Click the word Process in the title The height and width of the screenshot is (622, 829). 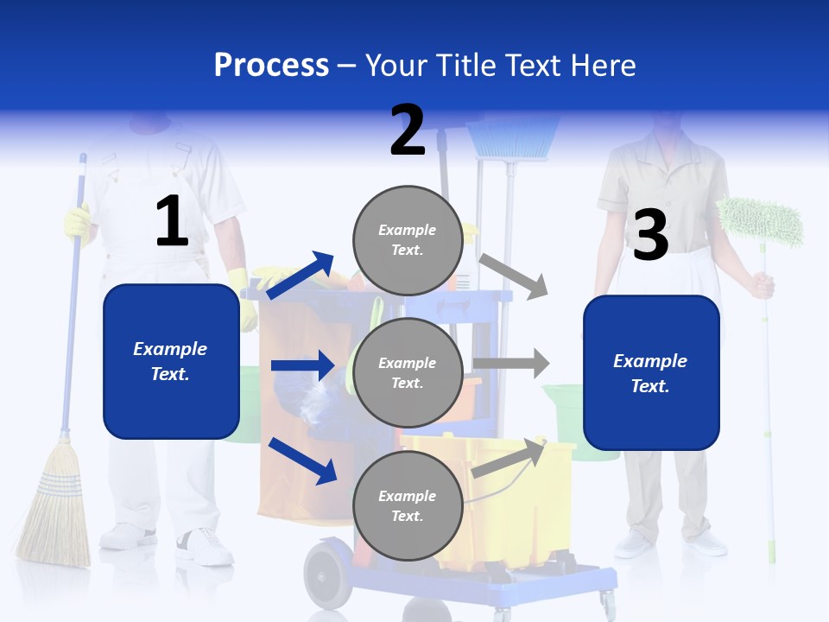coord(271,65)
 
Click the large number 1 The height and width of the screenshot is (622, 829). coord(172,222)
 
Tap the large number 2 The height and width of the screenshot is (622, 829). coord(408,130)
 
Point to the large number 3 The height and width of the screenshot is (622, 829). coord(650,235)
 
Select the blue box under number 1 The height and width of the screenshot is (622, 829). coord(171,361)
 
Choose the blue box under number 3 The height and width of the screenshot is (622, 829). coord(651,372)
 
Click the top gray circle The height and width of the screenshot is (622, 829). coord(408,240)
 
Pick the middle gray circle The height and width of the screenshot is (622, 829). coord(408,372)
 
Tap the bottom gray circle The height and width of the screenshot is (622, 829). coord(408,505)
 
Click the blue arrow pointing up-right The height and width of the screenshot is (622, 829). coord(301,276)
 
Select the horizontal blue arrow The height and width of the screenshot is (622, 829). coord(302,365)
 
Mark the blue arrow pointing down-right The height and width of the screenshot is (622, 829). coord(302,460)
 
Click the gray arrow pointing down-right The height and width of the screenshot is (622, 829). coord(513,276)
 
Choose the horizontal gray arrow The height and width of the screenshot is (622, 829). coord(511,363)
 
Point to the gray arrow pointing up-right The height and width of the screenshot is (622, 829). coord(509,458)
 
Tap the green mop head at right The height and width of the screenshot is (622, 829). coord(760,221)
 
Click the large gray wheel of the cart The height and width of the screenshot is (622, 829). coord(328,574)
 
